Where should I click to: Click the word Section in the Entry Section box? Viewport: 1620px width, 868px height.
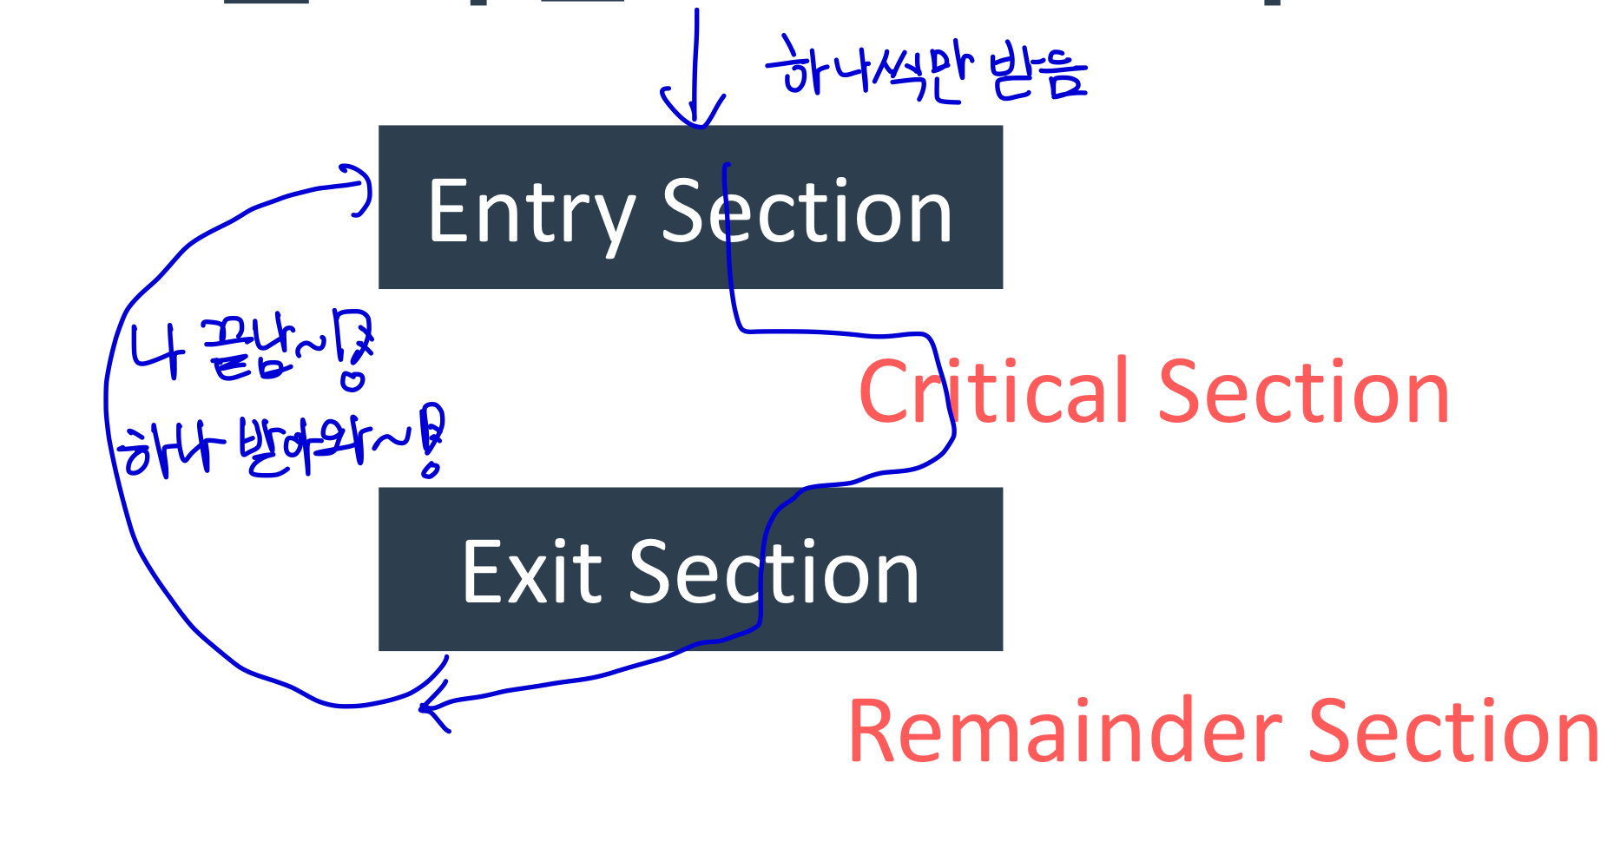pos(807,212)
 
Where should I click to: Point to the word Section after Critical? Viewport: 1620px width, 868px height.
pos(1303,392)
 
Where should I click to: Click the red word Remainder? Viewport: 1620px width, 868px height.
pos(1064,732)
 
